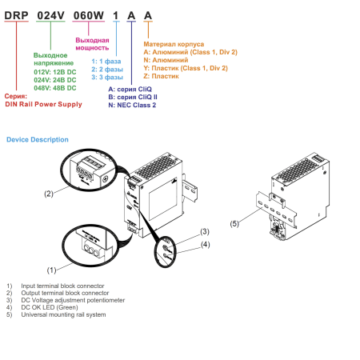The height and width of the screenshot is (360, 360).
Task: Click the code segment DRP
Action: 16,15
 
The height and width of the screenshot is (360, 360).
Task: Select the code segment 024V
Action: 50,15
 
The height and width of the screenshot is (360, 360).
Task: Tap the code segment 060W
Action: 89,15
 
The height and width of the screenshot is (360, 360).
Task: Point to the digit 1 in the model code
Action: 116,15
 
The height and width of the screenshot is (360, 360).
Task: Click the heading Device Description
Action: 38,139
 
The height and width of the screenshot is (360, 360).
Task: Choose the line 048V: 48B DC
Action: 55,88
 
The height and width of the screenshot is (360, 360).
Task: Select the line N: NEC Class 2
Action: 132,105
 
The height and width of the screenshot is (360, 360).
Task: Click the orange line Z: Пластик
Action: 161,76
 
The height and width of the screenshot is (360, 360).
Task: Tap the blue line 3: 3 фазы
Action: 107,78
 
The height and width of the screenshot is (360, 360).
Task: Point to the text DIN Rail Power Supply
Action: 43,104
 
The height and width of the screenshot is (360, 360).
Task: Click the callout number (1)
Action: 52,270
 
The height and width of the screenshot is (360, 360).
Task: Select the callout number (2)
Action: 49,194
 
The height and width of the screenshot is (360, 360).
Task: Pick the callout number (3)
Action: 205,231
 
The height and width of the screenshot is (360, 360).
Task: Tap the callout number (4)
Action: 206,244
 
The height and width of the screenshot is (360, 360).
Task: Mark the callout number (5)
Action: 234,223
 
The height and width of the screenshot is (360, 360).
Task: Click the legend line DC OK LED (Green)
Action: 50,307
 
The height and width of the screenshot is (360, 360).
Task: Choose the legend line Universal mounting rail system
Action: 63,314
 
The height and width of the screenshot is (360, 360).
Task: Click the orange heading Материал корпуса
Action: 174,44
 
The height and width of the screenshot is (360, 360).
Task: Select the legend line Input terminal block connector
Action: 62,286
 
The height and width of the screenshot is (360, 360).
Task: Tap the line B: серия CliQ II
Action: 133,97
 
